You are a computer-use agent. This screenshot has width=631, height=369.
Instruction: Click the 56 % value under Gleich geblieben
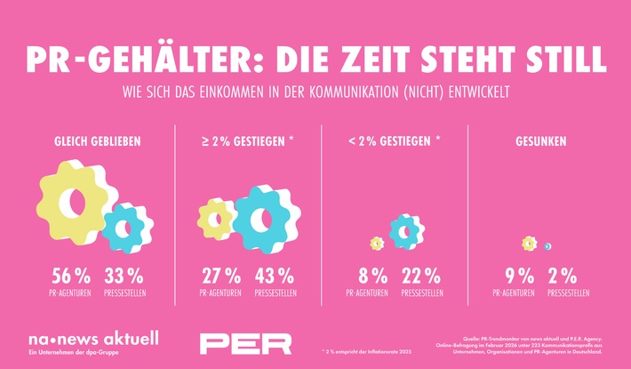(66, 276)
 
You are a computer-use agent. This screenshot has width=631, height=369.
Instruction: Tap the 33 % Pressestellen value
(124, 276)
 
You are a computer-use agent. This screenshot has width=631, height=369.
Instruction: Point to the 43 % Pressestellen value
(275, 276)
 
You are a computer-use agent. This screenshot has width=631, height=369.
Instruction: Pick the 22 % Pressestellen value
(423, 276)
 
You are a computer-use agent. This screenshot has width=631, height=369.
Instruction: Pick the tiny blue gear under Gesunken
(548, 246)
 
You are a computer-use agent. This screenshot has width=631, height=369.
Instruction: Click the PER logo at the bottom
(245, 342)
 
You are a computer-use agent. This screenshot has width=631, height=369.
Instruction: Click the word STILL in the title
(563, 59)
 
